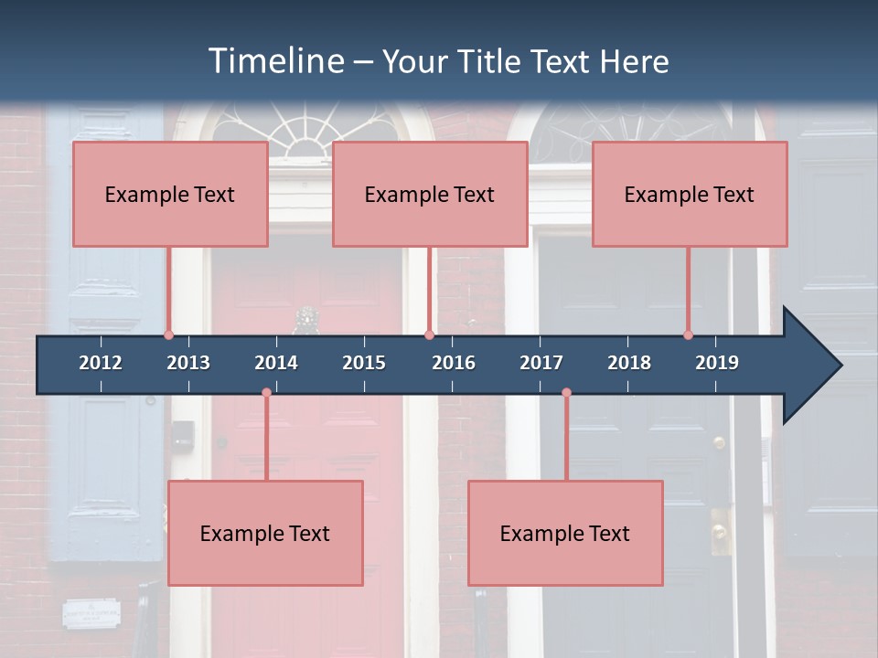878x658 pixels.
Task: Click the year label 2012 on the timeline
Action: click(x=101, y=363)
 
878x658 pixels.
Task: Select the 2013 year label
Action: click(x=188, y=363)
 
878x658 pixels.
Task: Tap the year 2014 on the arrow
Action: click(x=276, y=363)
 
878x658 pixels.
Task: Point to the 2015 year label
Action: click(x=364, y=363)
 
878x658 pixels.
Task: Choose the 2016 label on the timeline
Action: click(x=454, y=363)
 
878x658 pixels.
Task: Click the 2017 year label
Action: click(x=541, y=363)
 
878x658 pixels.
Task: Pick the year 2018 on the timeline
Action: click(x=629, y=363)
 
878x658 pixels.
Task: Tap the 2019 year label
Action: click(x=717, y=363)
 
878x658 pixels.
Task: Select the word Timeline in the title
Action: click(x=275, y=61)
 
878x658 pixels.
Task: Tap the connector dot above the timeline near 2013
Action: click(x=168, y=334)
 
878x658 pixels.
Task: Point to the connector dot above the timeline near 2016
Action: click(x=429, y=334)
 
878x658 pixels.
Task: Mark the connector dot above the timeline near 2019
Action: click(x=688, y=334)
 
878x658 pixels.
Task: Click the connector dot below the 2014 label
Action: click(x=266, y=392)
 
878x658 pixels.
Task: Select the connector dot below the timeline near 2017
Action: click(x=566, y=392)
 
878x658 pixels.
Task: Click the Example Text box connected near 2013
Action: click(x=170, y=194)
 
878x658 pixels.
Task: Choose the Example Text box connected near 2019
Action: click(x=690, y=194)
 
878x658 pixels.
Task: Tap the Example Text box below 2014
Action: click(x=265, y=533)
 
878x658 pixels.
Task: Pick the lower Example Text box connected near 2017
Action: click(x=565, y=533)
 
